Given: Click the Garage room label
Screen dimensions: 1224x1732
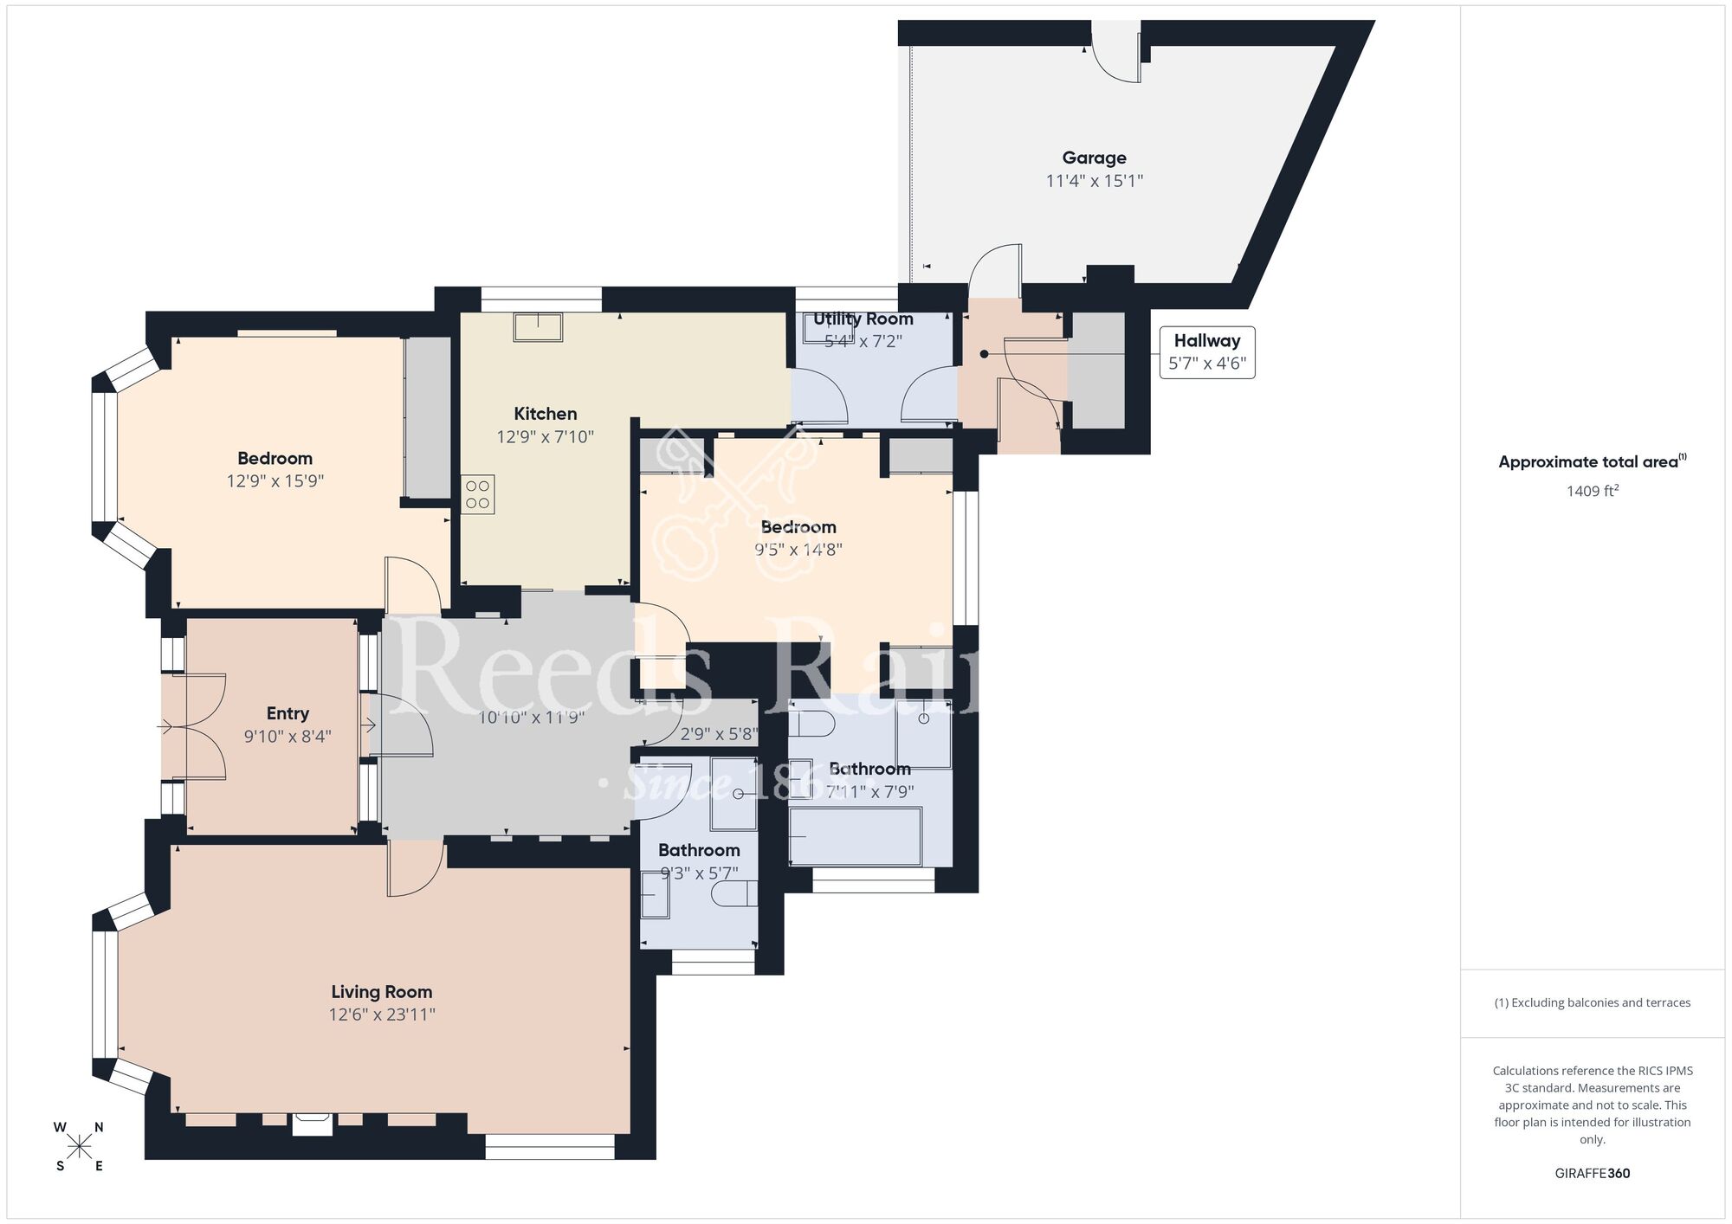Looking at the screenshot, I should (1094, 158).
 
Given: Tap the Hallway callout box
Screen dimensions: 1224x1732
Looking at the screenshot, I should (1206, 351).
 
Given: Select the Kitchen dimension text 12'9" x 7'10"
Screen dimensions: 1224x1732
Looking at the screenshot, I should (545, 437).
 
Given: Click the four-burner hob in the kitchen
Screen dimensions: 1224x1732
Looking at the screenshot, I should (478, 494).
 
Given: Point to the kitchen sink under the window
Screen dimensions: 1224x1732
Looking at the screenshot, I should (538, 327).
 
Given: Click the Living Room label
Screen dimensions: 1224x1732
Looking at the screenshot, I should (381, 992).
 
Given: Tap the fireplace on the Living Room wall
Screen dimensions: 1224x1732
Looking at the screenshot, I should (312, 1124).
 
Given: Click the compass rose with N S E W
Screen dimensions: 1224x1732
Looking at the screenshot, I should (80, 1147).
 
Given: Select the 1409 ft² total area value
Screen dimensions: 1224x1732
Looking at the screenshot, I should (1592, 491).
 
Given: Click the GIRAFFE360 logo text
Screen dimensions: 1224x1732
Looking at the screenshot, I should (1592, 1174).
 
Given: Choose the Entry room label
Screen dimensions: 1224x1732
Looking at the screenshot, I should (288, 713).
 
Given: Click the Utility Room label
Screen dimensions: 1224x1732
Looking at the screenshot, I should (863, 319).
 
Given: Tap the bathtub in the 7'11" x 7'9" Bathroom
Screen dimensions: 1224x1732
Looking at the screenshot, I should (855, 836).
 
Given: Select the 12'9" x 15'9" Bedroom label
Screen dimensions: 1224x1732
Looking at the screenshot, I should (275, 458).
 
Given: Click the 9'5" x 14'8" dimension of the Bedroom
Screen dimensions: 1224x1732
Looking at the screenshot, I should (798, 550).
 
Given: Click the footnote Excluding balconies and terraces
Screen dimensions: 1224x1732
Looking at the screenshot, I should (1592, 1002).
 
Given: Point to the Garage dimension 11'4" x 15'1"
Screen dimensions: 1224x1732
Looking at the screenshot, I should (1094, 181).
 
